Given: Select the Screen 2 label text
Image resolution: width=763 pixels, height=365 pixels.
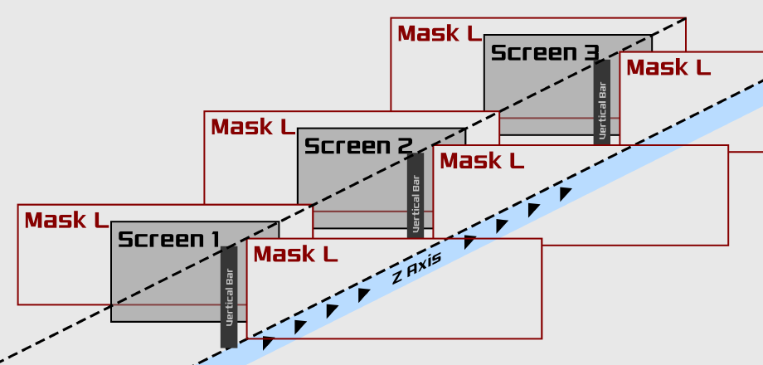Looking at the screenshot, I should click(357, 147).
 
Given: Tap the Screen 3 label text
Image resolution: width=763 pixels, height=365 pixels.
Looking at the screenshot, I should click(544, 53).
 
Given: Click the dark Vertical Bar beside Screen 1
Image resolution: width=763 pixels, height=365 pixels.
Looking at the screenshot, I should click(229, 296).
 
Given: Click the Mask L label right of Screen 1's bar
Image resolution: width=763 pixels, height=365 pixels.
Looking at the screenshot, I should click(295, 255).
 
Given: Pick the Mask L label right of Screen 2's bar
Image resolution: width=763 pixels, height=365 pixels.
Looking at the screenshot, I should click(482, 161).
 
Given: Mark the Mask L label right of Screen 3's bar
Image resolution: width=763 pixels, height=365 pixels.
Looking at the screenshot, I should click(668, 68).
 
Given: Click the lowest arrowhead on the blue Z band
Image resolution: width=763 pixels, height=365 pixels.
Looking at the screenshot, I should click(268, 343).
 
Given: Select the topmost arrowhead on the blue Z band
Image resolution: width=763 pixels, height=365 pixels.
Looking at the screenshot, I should click(565, 194).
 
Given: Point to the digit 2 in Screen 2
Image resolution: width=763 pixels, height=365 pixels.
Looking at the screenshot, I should click(404, 147).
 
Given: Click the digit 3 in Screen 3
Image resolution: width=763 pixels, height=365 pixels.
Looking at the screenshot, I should click(590, 53).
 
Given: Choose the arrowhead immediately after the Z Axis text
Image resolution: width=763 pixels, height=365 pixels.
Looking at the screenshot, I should click(469, 242).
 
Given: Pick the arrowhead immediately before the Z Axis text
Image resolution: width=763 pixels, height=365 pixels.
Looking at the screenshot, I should click(364, 294).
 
